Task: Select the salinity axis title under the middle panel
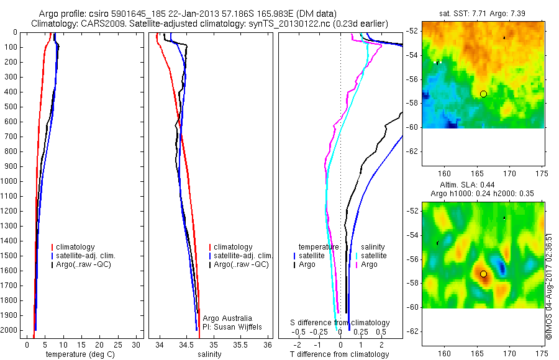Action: [209, 354]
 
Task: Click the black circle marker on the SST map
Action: [483, 94]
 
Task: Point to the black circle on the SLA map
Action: [483, 274]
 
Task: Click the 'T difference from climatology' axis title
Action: [339, 354]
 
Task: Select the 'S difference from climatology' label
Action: [340, 323]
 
